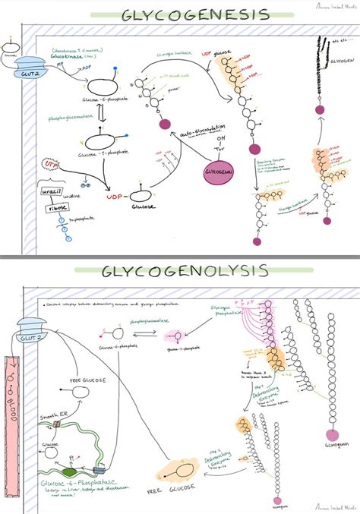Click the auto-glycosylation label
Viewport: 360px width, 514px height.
[x=187, y=131]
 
